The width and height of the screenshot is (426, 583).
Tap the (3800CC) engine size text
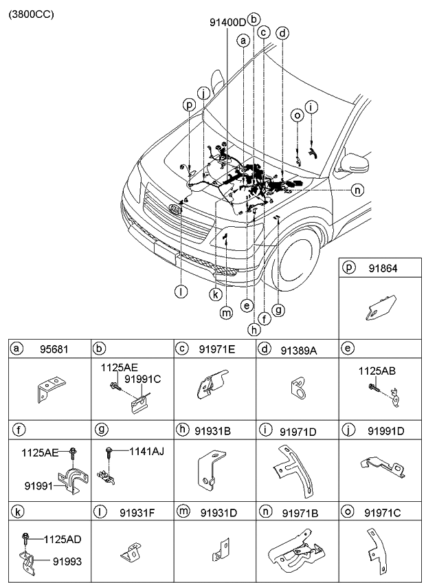pyautogui.click(x=31, y=13)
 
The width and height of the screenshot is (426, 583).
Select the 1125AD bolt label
pyautogui.click(x=63, y=539)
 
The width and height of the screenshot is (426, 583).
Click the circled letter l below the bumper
pyautogui.click(x=181, y=291)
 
